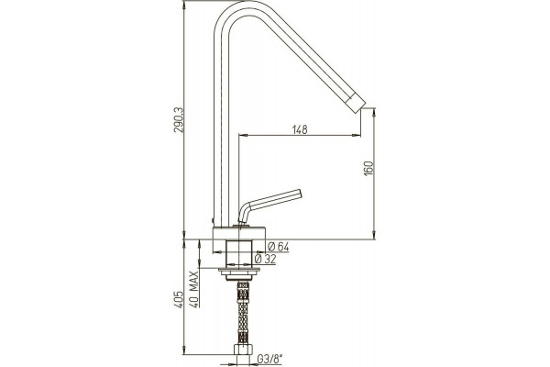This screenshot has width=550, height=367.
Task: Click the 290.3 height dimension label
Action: tap(179, 120)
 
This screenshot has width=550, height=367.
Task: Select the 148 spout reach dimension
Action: tap(300, 129)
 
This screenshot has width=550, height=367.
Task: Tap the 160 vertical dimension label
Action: tap(368, 168)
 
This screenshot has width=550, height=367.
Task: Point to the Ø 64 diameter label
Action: tap(278, 247)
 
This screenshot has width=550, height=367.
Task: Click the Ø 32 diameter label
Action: tap(265, 259)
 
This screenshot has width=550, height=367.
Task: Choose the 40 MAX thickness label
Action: tap(194, 289)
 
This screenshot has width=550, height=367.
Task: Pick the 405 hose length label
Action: tap(179, 299)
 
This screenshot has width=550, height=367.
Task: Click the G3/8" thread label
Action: tap(270, 359)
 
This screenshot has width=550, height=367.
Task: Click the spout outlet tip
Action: tap(357, 103)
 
